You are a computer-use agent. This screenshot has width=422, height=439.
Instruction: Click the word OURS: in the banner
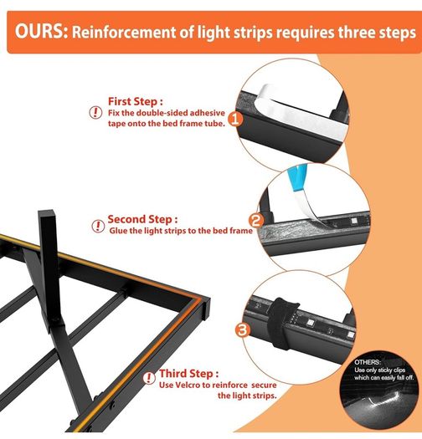pyautogui.click(x=42, y=32)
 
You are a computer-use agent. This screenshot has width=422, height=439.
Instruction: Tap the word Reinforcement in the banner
pyautogui.click(x=124, y=33)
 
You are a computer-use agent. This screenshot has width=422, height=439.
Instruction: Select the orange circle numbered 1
pyautogui.click(x=235, y=119)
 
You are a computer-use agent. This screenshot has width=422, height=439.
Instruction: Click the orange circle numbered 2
pyautogui.click(x=256, y=221)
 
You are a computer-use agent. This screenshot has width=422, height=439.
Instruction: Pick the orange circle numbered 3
pyautogui.click(x=243, y=329)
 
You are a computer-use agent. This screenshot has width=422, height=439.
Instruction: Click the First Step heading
pyautogui.click(x=135, y=101)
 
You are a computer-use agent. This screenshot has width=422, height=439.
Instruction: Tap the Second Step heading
pyautogui.click(x=142, y=219)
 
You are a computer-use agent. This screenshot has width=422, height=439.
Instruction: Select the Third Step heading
pyautogui.click(x=188, y=374)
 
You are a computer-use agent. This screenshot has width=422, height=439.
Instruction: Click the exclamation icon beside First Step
pyautogui.click(x=95, y=113)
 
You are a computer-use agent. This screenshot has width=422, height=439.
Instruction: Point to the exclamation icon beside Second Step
pyautogui.click(x=98, y=227)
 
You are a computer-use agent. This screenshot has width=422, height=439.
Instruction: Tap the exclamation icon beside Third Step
pyautogui.click(x=149, y=378)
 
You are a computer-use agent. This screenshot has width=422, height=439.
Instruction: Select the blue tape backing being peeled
pyautogui.click(x=298, y=178)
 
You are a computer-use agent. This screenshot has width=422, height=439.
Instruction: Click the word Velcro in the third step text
pyautogui.click(x=188, y=385)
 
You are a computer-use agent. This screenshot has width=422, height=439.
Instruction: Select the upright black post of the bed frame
pyautogui.click(x=50, y=266)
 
